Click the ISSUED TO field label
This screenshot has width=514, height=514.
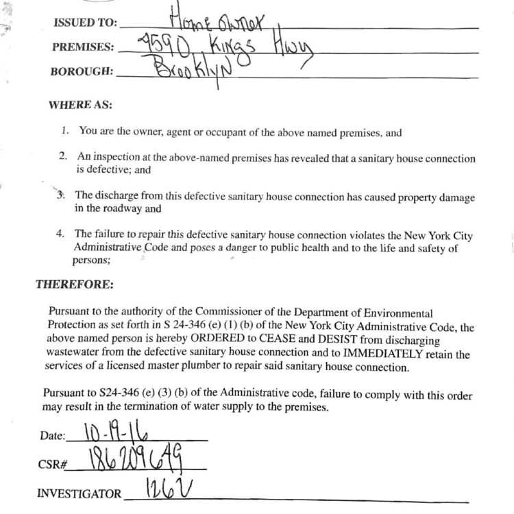[x=84, y=23]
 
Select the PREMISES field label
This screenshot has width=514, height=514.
[x=83, y=47]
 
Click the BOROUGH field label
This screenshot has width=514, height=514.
[x=82, y=71]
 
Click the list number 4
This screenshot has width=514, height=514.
[x=61, y=234]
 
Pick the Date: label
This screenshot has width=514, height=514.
[x=52, y=436]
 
